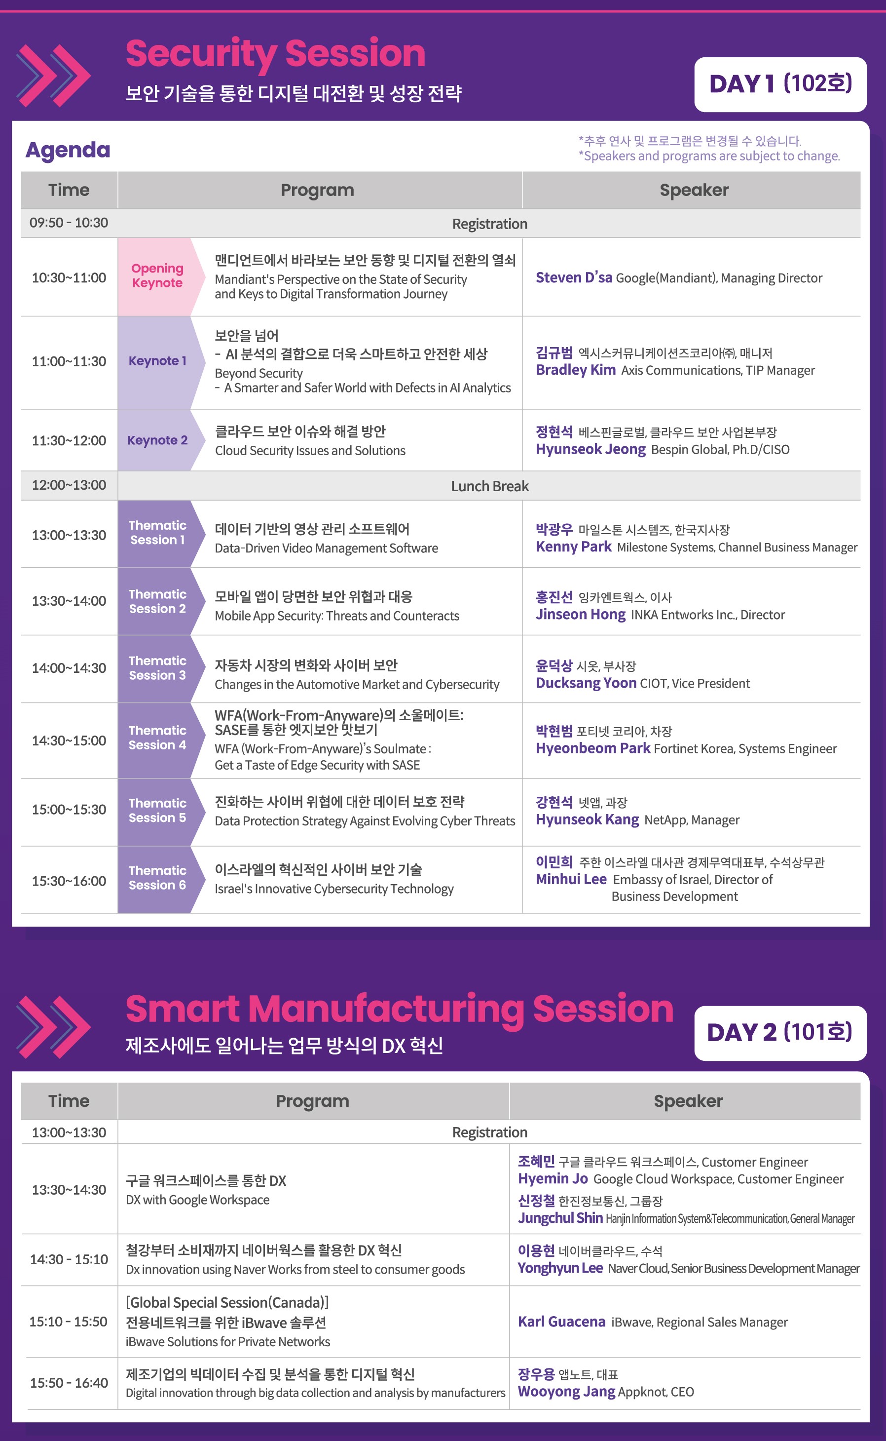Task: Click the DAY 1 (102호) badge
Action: tap(780, 84)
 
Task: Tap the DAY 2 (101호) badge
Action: tap(780, 1033)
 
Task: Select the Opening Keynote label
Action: tap(157, 275)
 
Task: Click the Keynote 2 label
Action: tap(157, 440)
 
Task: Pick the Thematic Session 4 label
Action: tap(157, 738)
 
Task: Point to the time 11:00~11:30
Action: tap(69, 361)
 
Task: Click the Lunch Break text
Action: tap(489, 486)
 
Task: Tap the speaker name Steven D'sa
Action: tap(574, 277)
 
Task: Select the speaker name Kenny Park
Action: tap(573, 546)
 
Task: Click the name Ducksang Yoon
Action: tap(586, 683)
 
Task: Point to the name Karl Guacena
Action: tap(561, 1322)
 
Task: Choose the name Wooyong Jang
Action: tap(566, 1391)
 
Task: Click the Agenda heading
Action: tap(68, 150)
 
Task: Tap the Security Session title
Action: tap(275, 53)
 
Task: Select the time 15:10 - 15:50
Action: tap(69, 1322)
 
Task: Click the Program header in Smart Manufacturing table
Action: tap(312, 1101)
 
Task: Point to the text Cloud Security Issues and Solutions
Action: tap(310, 450)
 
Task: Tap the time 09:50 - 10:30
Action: tap(69, 223)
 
